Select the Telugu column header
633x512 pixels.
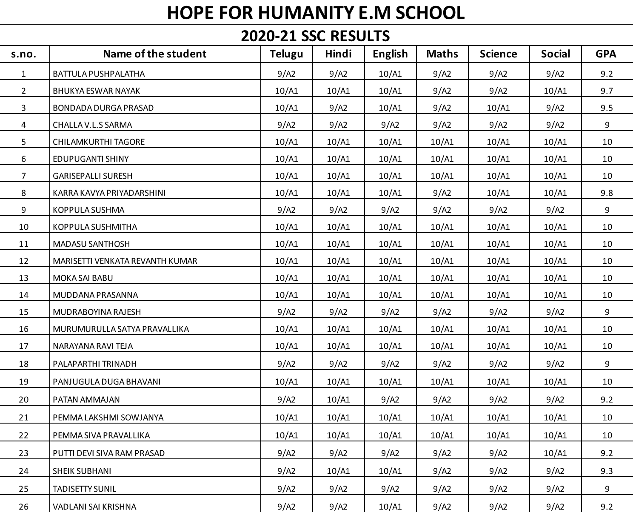287,54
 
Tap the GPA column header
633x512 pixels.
606,54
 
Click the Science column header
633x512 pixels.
498,54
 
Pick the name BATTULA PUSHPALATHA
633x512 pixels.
99,74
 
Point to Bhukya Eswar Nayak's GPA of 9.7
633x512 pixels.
607,91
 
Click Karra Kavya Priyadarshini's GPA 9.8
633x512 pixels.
607,193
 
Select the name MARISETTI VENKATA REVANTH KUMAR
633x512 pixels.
125,261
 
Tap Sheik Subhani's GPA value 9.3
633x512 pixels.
607,471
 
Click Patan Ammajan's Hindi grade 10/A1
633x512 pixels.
338,399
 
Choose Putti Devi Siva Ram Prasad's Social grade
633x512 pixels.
555,453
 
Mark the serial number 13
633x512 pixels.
24,278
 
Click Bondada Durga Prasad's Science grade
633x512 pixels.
498,108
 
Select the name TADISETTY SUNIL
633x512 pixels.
85,489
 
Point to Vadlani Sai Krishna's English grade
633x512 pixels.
390,506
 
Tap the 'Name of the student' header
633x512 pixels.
155,54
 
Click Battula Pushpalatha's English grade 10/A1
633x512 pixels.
390,74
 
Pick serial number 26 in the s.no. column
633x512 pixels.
24,506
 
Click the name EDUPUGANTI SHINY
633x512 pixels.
91,159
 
